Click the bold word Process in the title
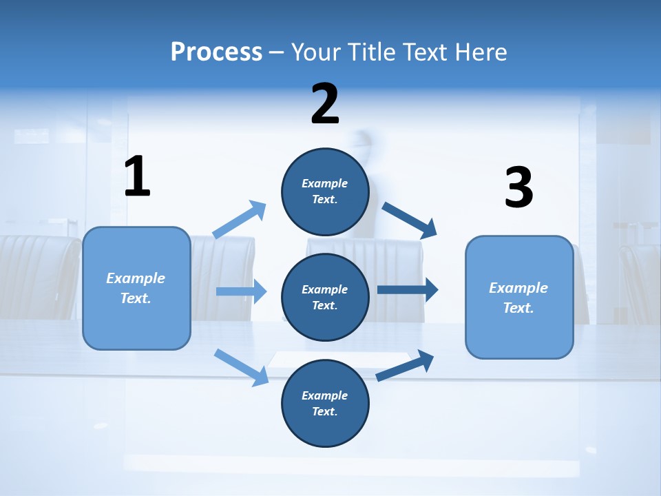click(216, 52)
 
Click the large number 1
click(137, 176)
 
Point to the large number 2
click(325, 104)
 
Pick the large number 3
click(518, 188)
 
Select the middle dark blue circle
click(325, 297)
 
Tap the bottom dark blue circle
click(325, 403)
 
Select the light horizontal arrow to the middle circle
click(242, 291)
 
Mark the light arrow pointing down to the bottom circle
click(242, 366)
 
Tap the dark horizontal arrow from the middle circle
click(408, 290)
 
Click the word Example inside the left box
click(136, 278)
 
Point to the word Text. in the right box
click(518, 308)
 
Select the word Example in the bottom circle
click(325, 395)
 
